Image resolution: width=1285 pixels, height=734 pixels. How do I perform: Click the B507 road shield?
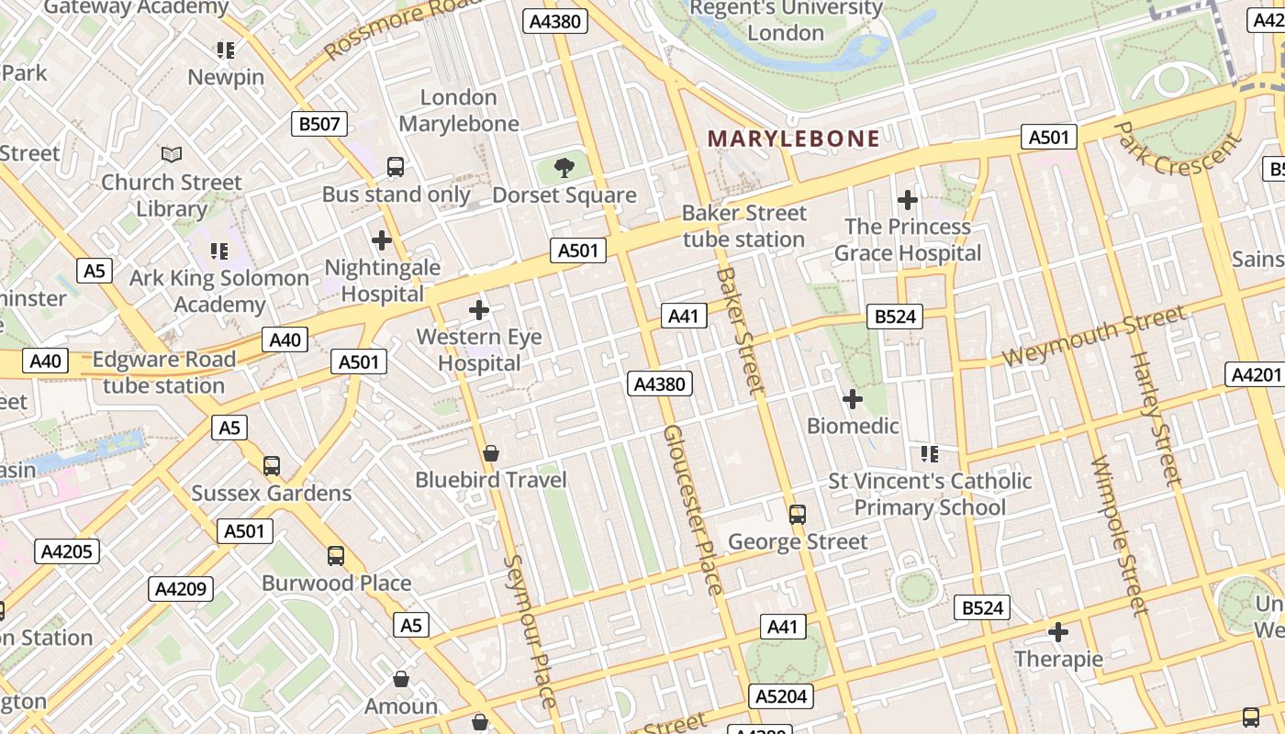[x=319, y=124]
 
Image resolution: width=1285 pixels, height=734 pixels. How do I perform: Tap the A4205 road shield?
[x=67, y=551]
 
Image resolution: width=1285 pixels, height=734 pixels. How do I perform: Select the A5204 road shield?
[x=781, y=696]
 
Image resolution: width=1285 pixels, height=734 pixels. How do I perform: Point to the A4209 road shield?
[x=181, y=588]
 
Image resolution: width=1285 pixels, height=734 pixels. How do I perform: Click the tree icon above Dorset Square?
[x=564, y=168]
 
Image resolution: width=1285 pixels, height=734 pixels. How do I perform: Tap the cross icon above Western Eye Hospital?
[x=478, y=310]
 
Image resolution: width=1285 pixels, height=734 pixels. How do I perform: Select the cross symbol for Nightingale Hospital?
[x=382, y=241]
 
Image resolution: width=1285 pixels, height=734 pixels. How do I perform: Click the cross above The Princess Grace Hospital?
[x=907, y=199]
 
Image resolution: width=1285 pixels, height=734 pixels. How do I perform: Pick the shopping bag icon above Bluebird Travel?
[x=491, y=453]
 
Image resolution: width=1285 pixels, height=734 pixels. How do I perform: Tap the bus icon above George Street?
[x=797, y=515]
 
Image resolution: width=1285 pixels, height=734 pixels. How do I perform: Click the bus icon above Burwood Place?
[x=336, y=556]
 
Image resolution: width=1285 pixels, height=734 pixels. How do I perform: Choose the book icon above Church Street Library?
[x=172, y=154]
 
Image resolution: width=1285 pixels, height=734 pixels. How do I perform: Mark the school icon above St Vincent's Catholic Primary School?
[x=929, y=453]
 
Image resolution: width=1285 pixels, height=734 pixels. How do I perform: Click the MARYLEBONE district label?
[x=794, y=139]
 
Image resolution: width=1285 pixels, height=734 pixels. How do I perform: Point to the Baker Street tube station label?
[x=743, y=226]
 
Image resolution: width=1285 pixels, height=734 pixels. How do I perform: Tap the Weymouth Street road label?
[x=1093, y=337]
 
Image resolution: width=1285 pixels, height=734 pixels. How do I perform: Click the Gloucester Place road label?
[x=694, y=509]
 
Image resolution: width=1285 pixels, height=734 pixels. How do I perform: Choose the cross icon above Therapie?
[x=1057, y=632]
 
